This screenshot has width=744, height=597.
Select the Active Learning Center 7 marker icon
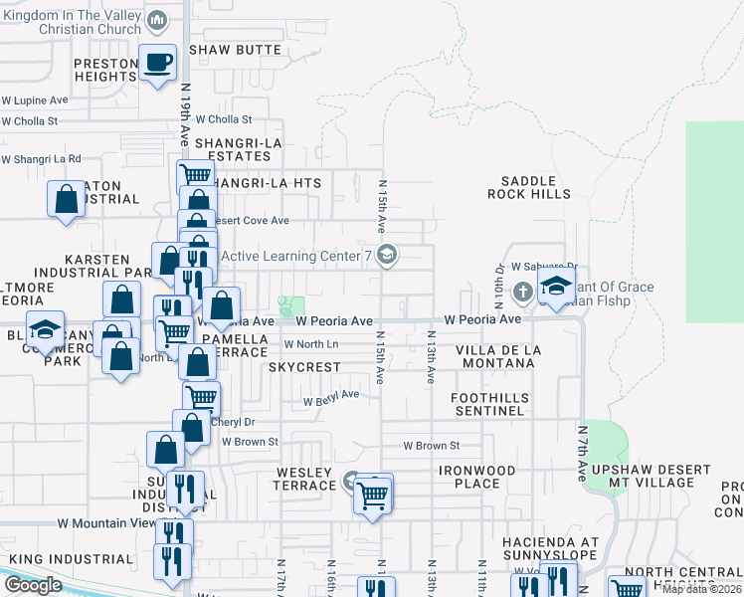[x=387, y=256]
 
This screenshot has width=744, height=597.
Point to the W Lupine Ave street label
[x=35, y=100]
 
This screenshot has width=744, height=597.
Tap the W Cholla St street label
[x=30, y=121]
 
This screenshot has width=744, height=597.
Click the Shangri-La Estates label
[x=239, y=149]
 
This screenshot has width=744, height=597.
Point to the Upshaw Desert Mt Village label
[x=651, y=476]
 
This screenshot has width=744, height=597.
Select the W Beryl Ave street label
[x=330, y=394]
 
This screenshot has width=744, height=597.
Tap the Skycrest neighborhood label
[x=304, y=367]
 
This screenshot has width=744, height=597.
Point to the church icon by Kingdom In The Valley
[x=157, y=21]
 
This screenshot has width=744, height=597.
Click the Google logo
[x=33, y=585]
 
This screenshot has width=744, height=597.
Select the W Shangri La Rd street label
[x=41, y=159]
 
